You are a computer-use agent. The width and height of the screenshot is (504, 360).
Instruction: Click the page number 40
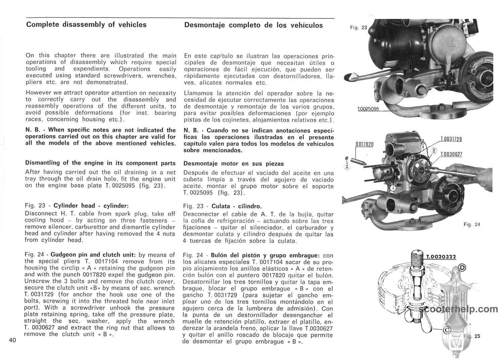[12, 340]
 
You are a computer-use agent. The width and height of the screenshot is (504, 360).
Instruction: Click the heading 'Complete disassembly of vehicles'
[86, 25]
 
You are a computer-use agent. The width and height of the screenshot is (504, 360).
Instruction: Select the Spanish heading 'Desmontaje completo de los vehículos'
[253, 25]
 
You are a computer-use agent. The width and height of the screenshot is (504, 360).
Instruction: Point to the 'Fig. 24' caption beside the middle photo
[472, 225]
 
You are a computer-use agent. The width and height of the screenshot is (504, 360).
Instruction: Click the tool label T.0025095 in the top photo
[369, 109]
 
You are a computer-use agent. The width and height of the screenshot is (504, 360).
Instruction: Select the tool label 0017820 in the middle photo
[365, 144]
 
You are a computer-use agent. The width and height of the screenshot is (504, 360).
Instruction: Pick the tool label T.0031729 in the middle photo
[451, 139]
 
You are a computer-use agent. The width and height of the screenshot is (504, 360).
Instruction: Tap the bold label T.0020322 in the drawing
[441, 257]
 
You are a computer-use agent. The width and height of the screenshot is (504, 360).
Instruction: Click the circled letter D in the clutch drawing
[463, 268]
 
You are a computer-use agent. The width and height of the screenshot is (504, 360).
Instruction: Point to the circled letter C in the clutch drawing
[447, 330]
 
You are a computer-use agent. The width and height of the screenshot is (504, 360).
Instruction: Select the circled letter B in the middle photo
[434, 151]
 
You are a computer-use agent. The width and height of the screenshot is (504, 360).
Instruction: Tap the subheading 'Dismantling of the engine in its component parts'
[100, 163]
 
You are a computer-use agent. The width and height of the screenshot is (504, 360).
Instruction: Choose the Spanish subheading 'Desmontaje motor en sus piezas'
[234, 164]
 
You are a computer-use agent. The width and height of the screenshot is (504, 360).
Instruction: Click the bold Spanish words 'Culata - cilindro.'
[237, 206]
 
